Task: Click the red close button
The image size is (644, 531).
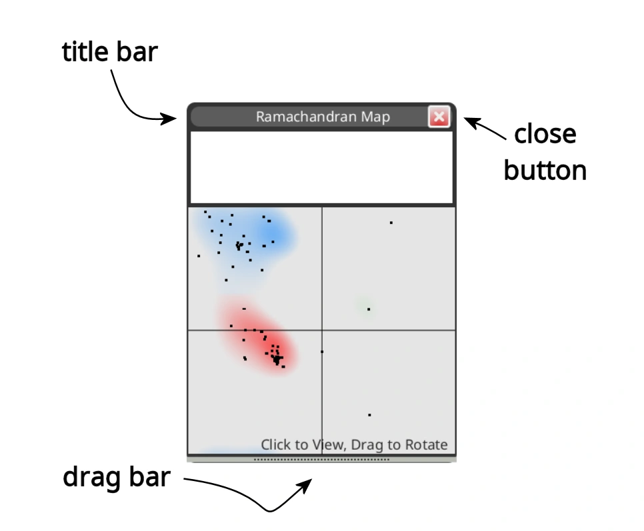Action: [x=439, y=118]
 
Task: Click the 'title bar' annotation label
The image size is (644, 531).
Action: [x=110, y=52]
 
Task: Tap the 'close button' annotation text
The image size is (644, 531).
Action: [x=545, y=153]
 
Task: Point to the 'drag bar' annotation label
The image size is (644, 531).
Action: [x=117, y=477]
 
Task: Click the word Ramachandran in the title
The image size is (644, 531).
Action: [x=297, y=117]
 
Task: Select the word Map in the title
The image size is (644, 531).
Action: [x=375, y=117]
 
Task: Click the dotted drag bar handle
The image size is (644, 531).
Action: [x=321, y=459]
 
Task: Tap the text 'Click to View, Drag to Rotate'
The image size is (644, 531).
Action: [x=354, y=444]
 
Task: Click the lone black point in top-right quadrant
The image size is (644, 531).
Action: [x=391, y=223]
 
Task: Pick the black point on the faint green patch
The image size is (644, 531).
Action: [x=369, y=309]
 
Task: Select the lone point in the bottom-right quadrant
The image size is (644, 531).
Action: [x=369, y=415]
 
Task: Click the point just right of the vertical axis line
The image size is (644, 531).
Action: [x=322, y=351]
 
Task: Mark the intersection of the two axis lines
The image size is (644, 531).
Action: [x=321, y=330]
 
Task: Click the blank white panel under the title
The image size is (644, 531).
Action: [x=321, y=167]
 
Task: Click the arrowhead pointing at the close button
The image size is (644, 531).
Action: [x=466, y=121]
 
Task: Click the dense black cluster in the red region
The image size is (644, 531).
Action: [x=276, y=359]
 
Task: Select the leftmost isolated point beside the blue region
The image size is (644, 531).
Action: [x=199, y=255]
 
